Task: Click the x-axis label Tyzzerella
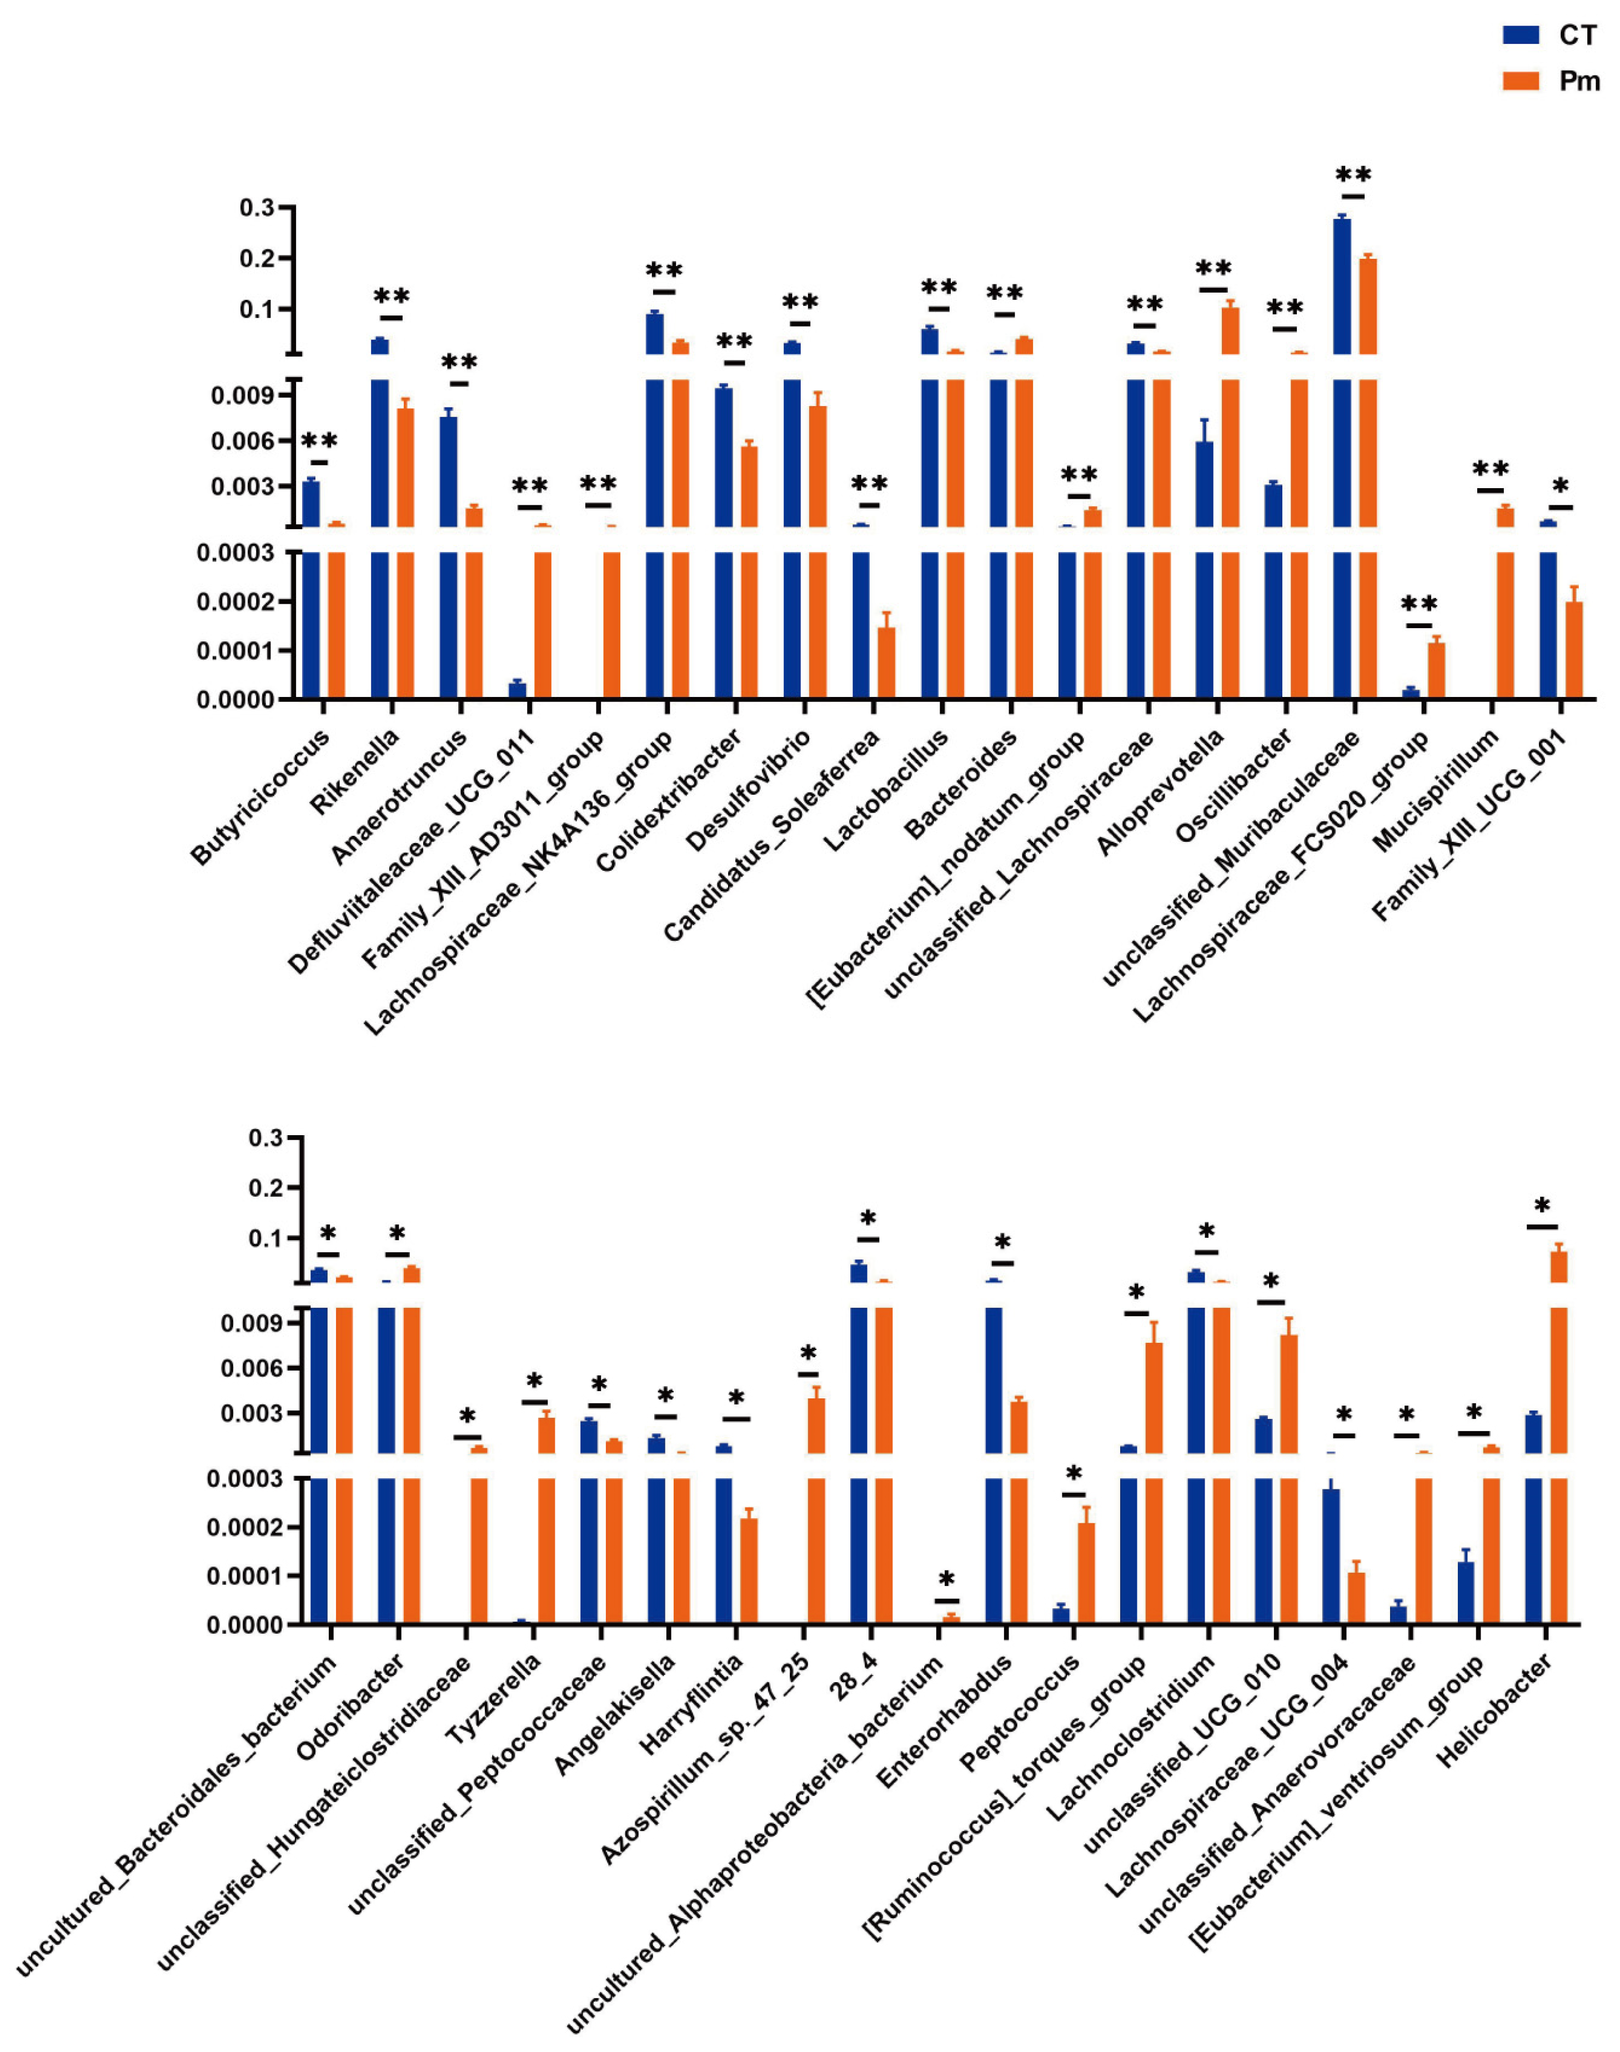(493, 1707)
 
